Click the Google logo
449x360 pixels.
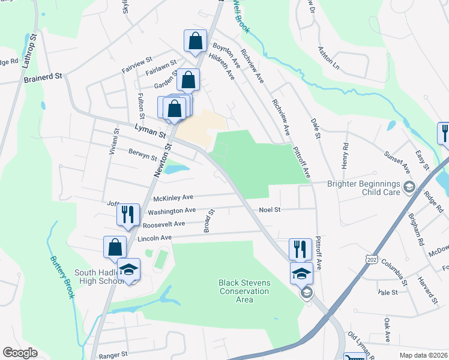pyautogui.click(x=20, y=353)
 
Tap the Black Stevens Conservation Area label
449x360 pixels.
pyautogui.click(x=244, y=291)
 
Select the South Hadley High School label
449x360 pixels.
pyautogui.click(x=99, y=277)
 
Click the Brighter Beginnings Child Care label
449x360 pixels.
pyautogui.click(x=364, y=189)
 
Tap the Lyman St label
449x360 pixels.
pyautogui.click(x=150, y=131)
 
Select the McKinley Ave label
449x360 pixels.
pyautogui.click(x=173, y=197)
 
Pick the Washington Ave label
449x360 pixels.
pyautogui.click(x=172, y=211)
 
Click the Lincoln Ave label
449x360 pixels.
pyautogui.click(x=155, y=238)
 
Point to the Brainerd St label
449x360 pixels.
pyautogui.click(x=43, y=77)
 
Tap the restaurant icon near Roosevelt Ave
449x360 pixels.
pyautogui.click(x=128, y=214)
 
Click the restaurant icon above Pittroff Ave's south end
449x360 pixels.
pyautogui.click(x=300, y=248)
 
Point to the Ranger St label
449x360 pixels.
pyautogui.click(x=113, y=355)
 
